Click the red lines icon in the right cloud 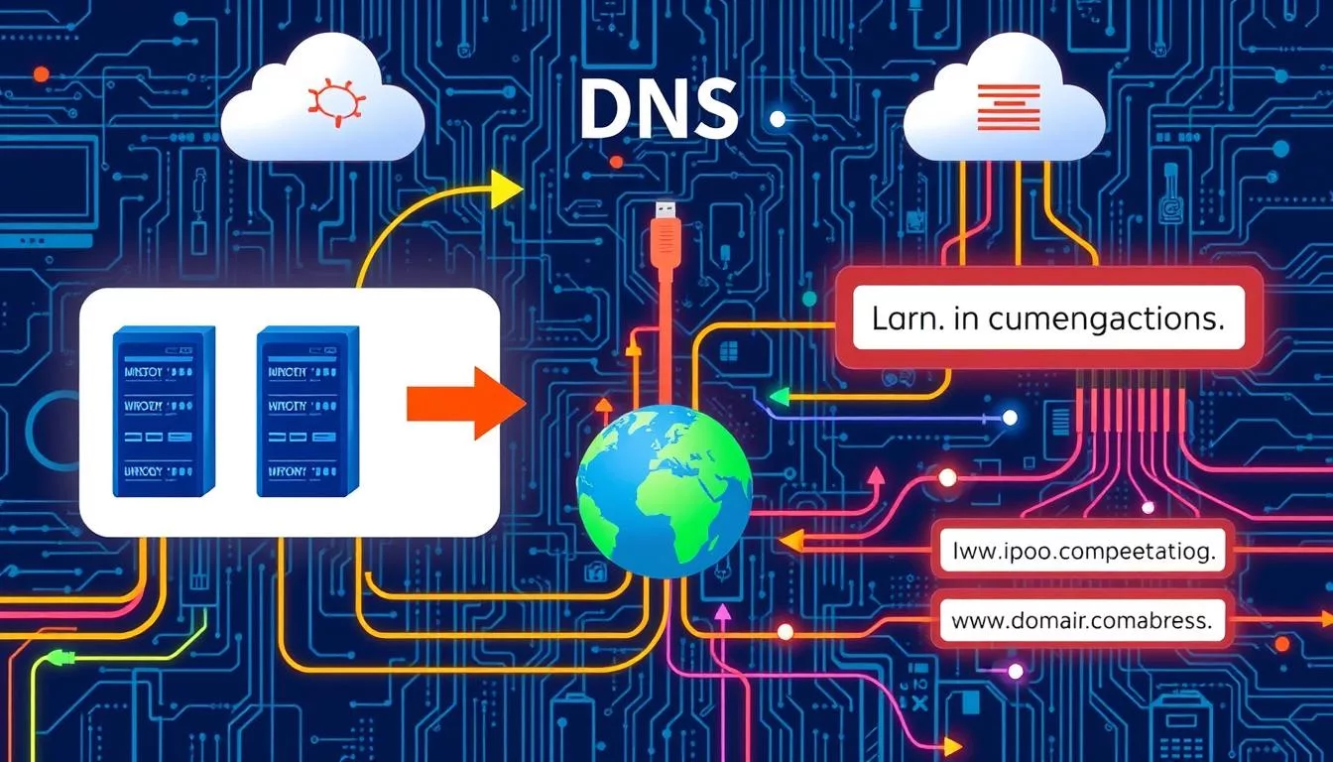(1009, 108)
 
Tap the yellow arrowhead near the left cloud (507, 189)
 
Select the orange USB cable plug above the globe (666, 238)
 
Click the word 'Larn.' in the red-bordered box (906, 320)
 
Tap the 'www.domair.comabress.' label (1081, 623)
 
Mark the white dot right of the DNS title (778, 119)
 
